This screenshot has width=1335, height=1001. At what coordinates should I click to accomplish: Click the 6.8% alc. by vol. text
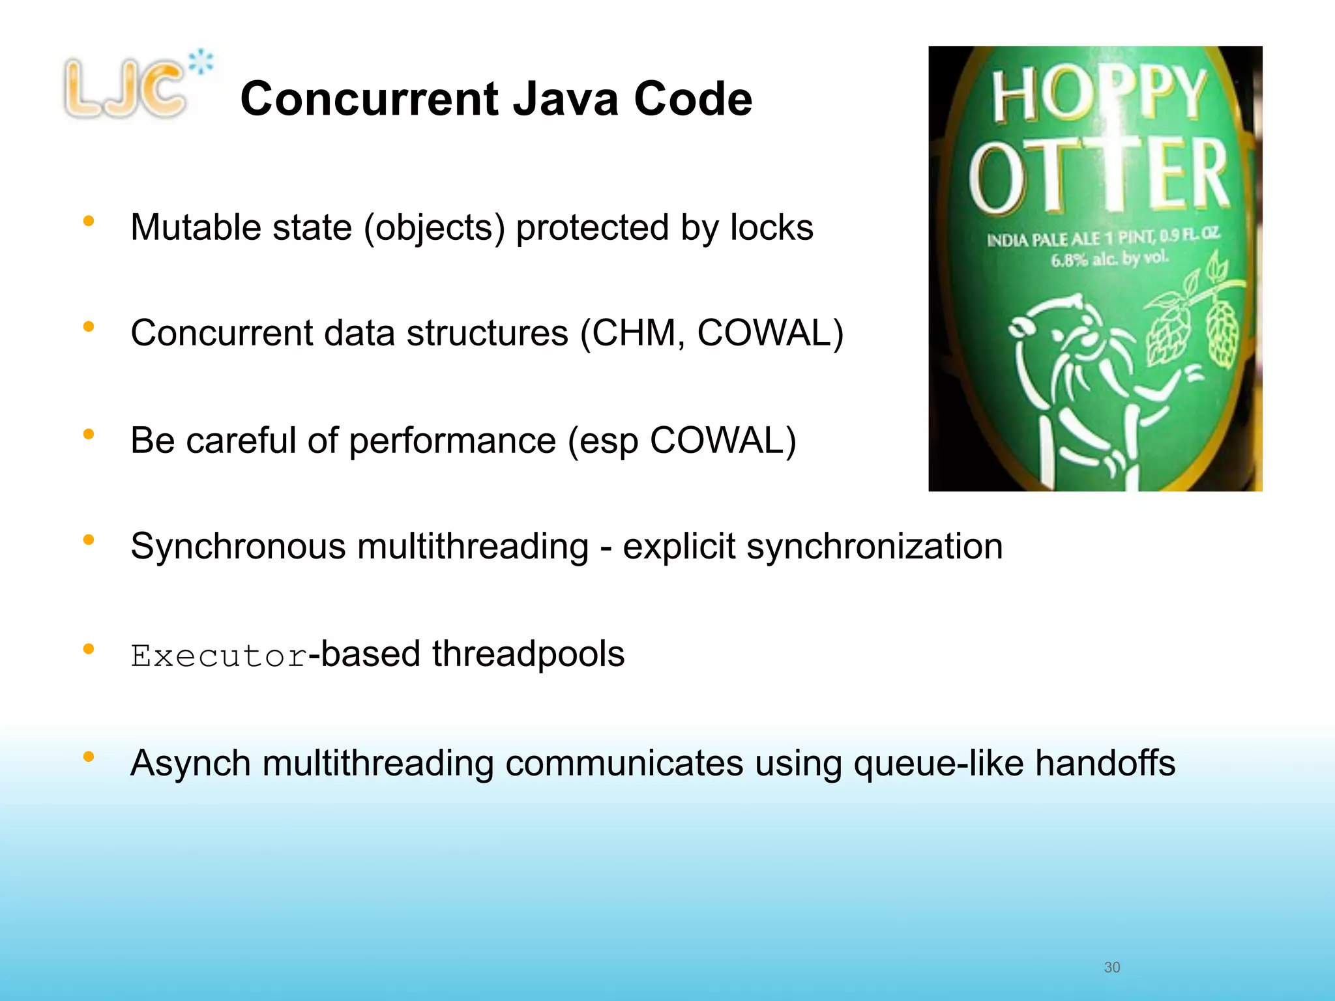point(1109,259)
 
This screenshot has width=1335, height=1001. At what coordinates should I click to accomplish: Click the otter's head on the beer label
point(1056,326)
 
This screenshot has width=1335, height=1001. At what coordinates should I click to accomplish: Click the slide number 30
point(1111,967)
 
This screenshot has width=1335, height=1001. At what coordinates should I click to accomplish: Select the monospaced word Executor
point(218,656)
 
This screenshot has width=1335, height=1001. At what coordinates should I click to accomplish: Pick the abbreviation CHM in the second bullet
point(638,333)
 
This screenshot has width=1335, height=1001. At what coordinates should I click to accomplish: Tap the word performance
point(452,441)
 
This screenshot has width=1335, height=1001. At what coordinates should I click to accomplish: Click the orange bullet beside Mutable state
point(89,222)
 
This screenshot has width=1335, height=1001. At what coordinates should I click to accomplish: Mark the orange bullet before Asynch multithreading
point(89,757)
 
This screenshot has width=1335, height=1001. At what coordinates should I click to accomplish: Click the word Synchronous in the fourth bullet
point(238,546)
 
